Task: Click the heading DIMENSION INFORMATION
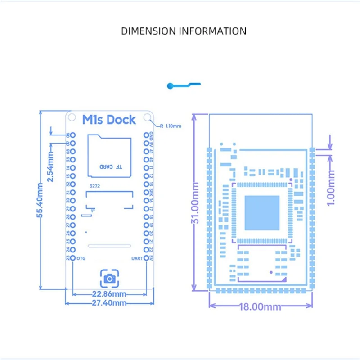pyautogui.click(x=184, y=31)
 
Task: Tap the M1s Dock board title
pyautogui.click(x=109, y=120)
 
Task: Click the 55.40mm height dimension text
pyautogui.click(x=40, y=201)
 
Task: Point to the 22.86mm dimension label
pyautogui.click(x=109, y=294)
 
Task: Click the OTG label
pyautogui.click(x=81, y=258)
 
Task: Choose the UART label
pyautogui.click(x=137, y=258)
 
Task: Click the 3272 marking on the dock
pyautogui.click(x=94, y=185)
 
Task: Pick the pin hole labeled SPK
pyautogui.click(x=146, y=192)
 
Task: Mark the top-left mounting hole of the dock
pyautogui.click(x=72, y=117)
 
